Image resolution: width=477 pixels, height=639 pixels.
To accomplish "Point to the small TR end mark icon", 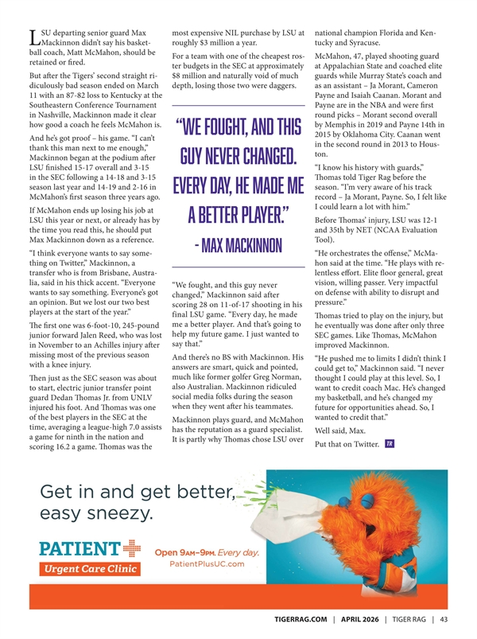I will pyautogui.click(x=387, y=443).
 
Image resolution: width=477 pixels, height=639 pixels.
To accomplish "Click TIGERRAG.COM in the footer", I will pyautogui.click(x=294, y=621).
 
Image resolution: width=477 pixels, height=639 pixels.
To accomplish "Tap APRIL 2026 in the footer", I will pyautogui.click(x=357, y=621).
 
